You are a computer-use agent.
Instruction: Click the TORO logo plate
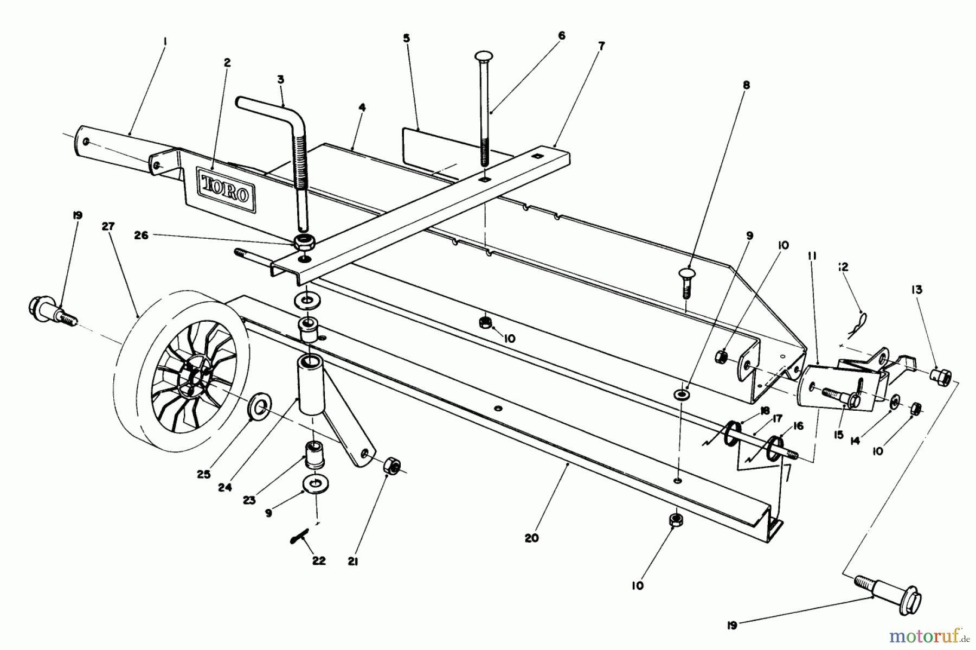pos(225,188)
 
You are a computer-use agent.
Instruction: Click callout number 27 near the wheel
pos(108,227)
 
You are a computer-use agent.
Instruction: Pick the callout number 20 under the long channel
pos(532,538)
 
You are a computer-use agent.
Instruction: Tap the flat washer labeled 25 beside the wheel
pos(260,408)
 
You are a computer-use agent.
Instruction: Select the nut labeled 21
pos(391,466)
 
